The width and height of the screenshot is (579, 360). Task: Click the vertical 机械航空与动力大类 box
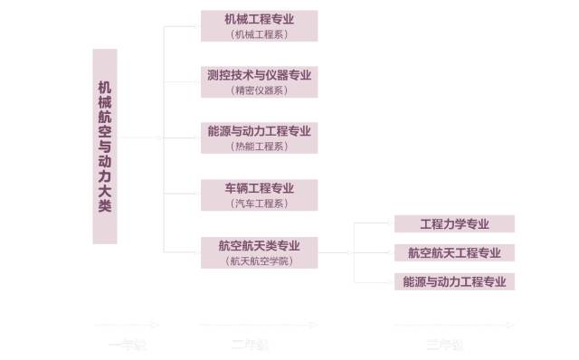tap(105, 146)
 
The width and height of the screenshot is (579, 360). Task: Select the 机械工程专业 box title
tap(260, 19)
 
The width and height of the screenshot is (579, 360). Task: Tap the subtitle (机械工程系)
tap(260, 33)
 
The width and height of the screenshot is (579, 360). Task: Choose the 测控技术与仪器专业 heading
tap(260, 75)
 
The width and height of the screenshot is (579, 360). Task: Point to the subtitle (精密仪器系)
tap(260, 90)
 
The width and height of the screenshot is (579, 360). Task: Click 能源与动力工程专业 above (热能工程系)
tap(260, 131)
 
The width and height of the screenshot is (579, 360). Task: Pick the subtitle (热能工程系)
tap(260, 146)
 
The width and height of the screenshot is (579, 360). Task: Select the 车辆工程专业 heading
tap(260, 188)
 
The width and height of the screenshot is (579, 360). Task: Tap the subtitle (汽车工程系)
tap(260, 203)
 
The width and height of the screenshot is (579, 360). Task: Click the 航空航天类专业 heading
tap(260, 245)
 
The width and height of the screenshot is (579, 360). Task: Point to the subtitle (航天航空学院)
tap(260, 260)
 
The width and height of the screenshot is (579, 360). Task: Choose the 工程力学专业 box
tap(454, 223)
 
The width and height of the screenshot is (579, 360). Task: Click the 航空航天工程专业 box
tap(454, 252)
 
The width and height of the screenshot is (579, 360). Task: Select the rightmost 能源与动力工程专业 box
tap(454, 281)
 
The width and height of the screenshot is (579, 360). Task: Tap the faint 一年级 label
tap(127, 344)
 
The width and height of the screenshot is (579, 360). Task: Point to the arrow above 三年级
tap(452, 324)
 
